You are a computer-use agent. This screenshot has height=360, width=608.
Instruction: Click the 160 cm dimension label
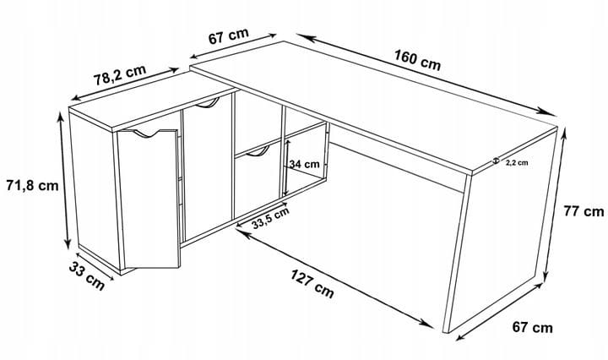pyautogui.click(x=418, y=60)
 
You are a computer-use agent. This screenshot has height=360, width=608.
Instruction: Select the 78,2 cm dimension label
pyautogui.click(x=120, y=75)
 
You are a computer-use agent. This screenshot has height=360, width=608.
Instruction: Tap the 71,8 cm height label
pyautogui.click(x=32, y=185)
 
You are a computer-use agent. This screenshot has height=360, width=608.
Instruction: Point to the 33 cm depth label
pyautogui.click(x=87, y=275)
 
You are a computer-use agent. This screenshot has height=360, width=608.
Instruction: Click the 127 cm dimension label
pyautogui.click(x=312, y=284)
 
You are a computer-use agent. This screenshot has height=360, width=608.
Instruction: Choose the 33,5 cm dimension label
pyautogui.click(x=270, y=218)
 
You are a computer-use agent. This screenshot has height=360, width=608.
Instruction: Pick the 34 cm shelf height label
pyautogui.click(x=304, y=164)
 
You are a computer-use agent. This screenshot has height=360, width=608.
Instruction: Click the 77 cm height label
pyautogui.click(x=584, y=211)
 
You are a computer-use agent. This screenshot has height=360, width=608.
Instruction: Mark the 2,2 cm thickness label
pyautogui.click(x=517, y=163)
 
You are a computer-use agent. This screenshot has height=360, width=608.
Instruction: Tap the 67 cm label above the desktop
pyautogui.click(x=228, y=36)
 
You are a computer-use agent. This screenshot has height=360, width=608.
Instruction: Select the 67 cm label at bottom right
pyautogui.click(x=532, y=327)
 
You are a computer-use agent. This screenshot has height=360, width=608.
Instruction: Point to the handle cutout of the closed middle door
pyautogui.click(x=207, y=103)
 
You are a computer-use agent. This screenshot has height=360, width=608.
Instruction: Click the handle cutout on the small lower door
pyautogui.click(x=257, y=152)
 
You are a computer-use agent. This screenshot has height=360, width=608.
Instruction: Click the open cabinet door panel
pyautogui.click(x=149, y=199)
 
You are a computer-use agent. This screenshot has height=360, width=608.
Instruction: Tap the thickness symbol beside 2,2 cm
pyautogui.click(x=496, y=161)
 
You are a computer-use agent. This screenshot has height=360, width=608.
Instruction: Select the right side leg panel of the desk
pyautogui.click(x=500, y=229)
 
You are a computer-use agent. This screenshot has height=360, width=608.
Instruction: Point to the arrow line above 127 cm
pyautogui.click(x=334, y=278)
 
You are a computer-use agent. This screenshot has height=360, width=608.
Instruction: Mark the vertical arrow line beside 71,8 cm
pyautogui.click(x=64, y=180)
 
